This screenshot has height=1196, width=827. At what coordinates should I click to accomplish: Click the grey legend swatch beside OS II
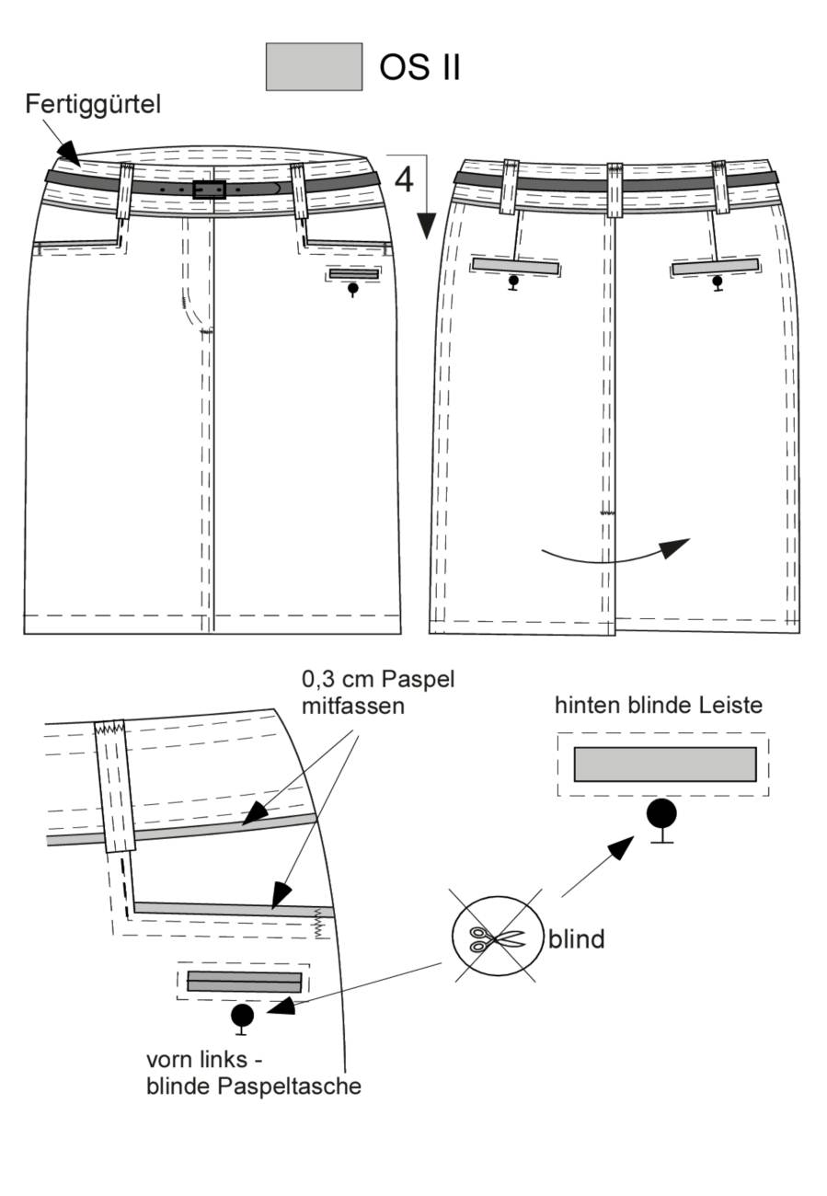314,67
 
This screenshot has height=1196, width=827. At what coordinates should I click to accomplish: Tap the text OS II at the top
419,67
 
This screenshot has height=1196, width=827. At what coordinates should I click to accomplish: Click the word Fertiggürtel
93,104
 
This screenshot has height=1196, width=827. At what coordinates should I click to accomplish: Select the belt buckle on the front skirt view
210,190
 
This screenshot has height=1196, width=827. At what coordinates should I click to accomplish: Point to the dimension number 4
404,179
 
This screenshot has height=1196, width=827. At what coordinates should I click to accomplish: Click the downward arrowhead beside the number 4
426,225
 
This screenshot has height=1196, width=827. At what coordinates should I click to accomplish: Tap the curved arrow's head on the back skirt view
674,547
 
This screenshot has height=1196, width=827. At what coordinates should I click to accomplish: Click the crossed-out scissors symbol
497,939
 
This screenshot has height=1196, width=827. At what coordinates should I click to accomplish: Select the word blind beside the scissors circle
576,939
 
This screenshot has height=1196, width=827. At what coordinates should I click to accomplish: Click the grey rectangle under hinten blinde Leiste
665,764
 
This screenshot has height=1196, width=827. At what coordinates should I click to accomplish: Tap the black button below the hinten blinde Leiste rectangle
661,815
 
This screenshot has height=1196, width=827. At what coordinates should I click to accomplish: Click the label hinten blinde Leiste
659,706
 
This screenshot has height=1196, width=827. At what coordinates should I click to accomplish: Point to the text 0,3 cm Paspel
378,680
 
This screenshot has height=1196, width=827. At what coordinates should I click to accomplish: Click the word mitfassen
353,707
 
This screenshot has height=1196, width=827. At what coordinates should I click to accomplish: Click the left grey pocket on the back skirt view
516,266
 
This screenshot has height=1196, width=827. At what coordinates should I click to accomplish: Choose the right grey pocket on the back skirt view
716,266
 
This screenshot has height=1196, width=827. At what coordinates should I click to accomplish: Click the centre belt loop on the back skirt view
615,190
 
